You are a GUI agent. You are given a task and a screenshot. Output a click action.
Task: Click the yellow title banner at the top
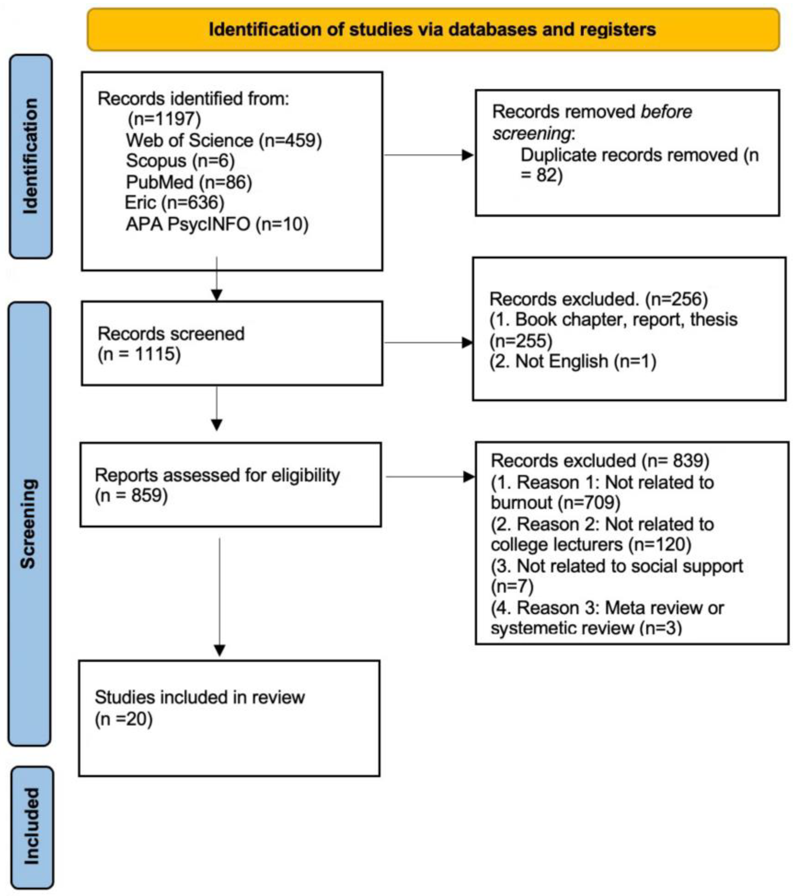(433, 30)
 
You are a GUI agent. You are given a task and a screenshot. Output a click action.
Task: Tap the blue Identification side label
(31, 156)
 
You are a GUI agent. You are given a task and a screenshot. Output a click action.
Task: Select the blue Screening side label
(29, 524)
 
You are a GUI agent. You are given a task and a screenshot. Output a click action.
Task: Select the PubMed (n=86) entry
(189, 182)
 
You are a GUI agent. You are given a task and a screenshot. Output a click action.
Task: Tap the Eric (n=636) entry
(174, 203)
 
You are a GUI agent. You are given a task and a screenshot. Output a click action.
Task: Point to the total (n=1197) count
(164, 119)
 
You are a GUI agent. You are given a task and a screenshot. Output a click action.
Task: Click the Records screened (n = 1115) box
(232, 343)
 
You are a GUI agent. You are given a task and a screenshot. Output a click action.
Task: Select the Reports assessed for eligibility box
(230, 485)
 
